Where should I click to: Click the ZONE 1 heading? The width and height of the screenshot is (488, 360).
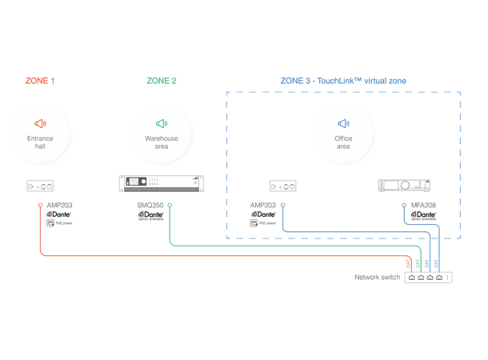[40, 81]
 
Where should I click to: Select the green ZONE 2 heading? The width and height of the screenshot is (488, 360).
[162, 81]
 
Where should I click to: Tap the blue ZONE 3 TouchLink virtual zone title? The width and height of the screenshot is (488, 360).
[343, 81]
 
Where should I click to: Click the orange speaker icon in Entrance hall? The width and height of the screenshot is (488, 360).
[41, 123]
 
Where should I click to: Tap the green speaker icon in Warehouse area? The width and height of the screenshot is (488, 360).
[162, 123]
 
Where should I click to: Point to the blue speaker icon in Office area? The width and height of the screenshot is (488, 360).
[343, 123]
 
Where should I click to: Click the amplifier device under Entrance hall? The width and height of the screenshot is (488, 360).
[41, 186]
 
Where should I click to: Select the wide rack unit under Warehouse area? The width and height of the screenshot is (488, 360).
[162, 185]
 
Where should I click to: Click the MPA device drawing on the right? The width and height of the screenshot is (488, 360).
[404, 186]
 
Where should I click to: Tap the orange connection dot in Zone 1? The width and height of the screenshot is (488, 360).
[40, 206]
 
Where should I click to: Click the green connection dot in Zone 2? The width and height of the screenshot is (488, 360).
[170, 206]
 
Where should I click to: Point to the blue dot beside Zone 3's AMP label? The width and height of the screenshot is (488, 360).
[282, 206]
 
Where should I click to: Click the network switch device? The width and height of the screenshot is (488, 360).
[429, 277]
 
